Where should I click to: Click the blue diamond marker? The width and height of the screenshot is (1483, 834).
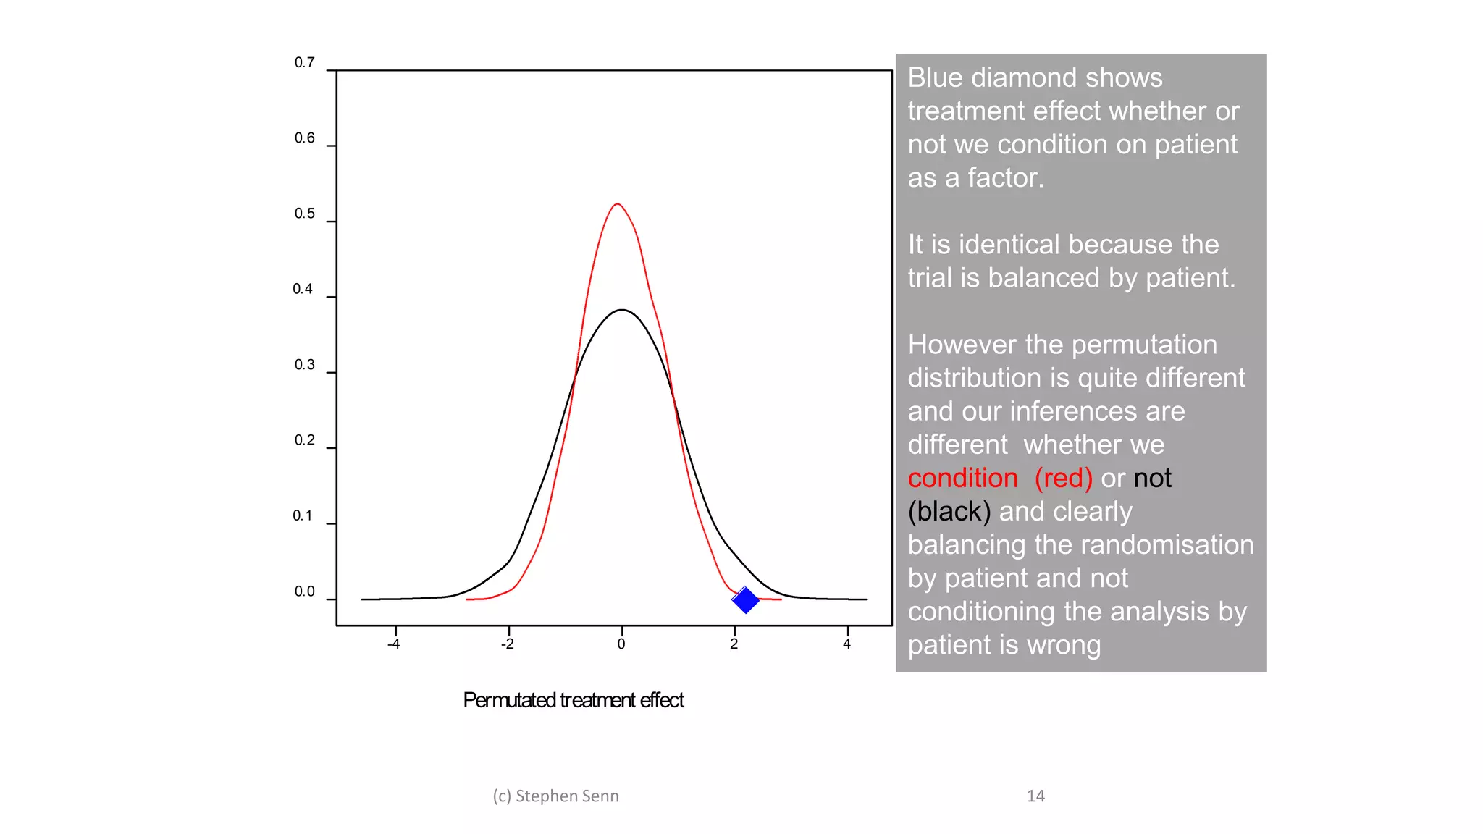tap(745, 599)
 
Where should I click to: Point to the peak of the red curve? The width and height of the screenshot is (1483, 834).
tap(617, 204)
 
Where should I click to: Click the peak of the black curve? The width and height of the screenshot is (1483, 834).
tap(622, 310)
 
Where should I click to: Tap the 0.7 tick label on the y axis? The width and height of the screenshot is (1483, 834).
tap(304, 63)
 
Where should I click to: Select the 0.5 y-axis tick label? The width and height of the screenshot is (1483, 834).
tap(304, 214)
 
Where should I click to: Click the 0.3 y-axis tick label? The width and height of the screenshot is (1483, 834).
tap(304, 365)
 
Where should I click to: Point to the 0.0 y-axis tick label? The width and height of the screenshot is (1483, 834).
tap(304, 591)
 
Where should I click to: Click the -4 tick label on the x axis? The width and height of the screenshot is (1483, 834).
tap(393, 644)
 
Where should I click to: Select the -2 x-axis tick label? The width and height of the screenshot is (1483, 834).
tap(508, 644)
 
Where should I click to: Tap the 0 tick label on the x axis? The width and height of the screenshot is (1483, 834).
tap(621, 644)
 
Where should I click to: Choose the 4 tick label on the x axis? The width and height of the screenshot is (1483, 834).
tap(846, 644)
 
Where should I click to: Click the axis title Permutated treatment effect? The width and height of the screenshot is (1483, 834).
tap(573, 700)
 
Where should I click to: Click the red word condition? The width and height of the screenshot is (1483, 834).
tap(962, 478)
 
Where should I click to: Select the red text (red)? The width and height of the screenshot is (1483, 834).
tap(1063, 478)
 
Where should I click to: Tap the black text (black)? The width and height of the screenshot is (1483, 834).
tap(949, 511)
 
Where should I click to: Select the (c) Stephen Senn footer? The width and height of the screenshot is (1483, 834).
tap(555, 796)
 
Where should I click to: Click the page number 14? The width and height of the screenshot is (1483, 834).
tap(1035, 796)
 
